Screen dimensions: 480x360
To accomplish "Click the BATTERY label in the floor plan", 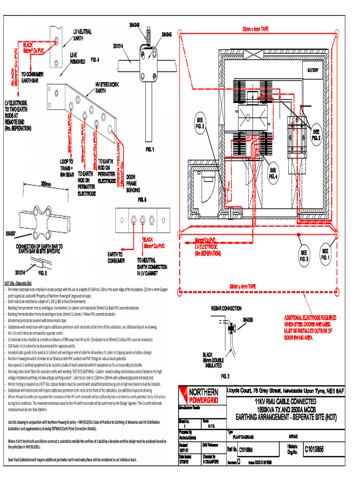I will coord(313,70).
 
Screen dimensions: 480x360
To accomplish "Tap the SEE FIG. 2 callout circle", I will coord(316,135).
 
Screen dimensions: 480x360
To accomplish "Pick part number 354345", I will coord(166,34).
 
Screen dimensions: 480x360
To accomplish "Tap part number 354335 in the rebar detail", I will coord(248,320).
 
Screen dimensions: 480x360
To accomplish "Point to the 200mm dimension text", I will coord(45,184).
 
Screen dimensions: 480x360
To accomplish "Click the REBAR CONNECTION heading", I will coord(226,308).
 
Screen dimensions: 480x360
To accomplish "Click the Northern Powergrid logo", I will coord(199,395).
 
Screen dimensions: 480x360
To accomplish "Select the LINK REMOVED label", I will coord(77,58).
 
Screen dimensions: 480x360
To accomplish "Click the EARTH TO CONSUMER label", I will coord(116,258).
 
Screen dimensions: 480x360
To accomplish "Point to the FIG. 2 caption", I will coord(225,375).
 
